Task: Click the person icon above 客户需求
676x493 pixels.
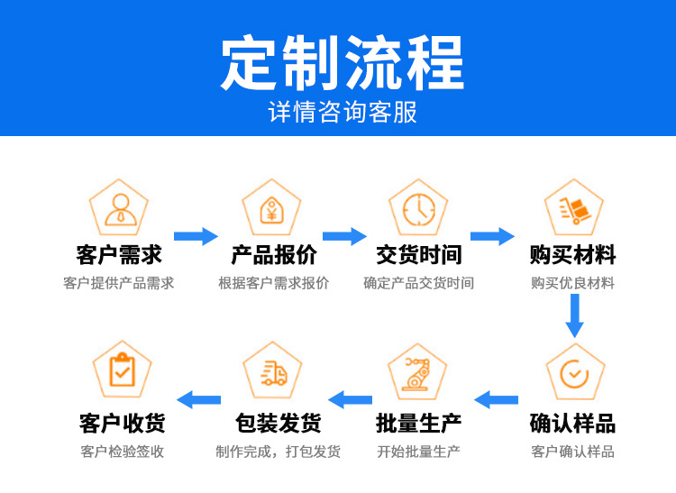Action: coord(119,208)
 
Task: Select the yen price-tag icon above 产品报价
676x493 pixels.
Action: coord(270,209)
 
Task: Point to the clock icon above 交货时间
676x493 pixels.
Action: coord(418,209)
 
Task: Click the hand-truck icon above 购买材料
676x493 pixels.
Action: coord(573,209)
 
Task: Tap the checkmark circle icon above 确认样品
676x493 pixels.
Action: coord(573,373)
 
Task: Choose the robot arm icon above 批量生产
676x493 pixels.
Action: coord(417,373)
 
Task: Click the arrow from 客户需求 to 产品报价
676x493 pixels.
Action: coord(196,236)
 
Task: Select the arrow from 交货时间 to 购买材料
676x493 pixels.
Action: coord(492,236)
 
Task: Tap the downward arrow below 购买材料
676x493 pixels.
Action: coord(574,316)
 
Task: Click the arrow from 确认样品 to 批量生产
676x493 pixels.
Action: coord(497,399)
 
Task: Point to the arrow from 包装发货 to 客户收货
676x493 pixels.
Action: coord(199,399)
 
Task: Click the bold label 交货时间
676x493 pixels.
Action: coord(418,256)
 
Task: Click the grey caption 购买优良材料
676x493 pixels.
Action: coord(572,283)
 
